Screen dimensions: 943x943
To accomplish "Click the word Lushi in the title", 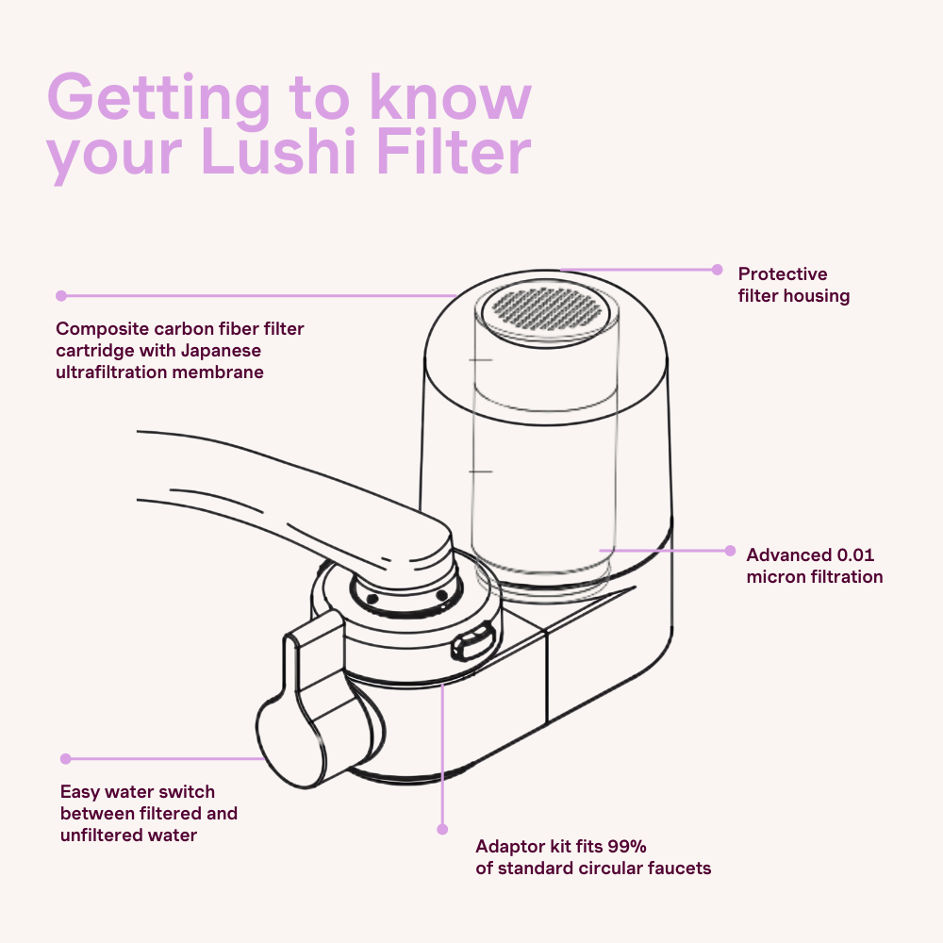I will click(x=284, y=154).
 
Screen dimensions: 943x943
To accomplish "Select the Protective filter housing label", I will click(x=793, y=285).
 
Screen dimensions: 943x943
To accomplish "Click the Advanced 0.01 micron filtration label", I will click(x=814, y=566).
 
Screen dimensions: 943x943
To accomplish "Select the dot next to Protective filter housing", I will click(x=717, y=269).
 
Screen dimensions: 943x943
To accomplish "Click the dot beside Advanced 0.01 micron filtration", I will click(x=729, y=550).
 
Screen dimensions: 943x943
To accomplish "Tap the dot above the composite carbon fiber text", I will click(x=61, y=295).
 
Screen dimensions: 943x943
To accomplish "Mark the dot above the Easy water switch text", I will click(x=65, y=758).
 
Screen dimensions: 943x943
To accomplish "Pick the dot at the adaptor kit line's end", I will click(x=441, y=829).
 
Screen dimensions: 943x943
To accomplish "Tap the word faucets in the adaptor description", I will click(x=679, y=867).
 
